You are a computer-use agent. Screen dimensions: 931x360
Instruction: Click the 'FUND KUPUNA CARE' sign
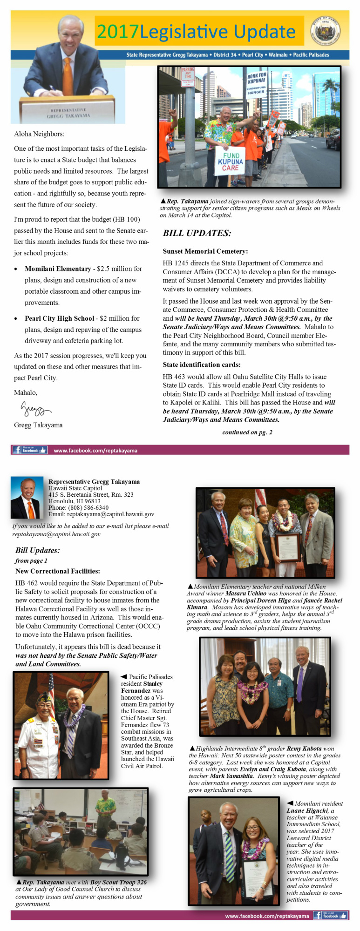coord(230,161)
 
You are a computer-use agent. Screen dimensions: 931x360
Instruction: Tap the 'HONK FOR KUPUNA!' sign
coord(256,84)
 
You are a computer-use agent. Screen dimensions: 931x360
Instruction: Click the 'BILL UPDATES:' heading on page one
coord(197,233)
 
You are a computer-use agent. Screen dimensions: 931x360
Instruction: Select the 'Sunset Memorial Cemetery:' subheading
coord(205,251)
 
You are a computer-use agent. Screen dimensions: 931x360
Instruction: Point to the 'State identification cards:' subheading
coord(202,365)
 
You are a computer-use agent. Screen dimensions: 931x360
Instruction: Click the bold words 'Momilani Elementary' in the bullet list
coord(58,269)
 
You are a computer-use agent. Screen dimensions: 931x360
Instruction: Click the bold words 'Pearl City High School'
coord(60,318)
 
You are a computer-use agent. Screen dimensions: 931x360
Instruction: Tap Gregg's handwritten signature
coord(35,410)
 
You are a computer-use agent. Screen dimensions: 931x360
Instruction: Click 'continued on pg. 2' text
coord(247,432)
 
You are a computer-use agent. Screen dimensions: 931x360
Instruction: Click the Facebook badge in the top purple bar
coord(30,450)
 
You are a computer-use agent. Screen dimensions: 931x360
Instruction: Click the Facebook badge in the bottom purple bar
coord(330,915)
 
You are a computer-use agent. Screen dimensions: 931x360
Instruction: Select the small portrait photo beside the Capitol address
coord(26,498)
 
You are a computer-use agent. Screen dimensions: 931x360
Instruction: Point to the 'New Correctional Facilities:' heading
coord(58,571)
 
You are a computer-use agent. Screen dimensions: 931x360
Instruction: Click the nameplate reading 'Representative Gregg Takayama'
coord(68,113)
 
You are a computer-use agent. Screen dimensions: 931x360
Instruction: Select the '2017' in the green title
coord(118,32)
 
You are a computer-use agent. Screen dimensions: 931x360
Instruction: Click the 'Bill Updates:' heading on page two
coord(37,550)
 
